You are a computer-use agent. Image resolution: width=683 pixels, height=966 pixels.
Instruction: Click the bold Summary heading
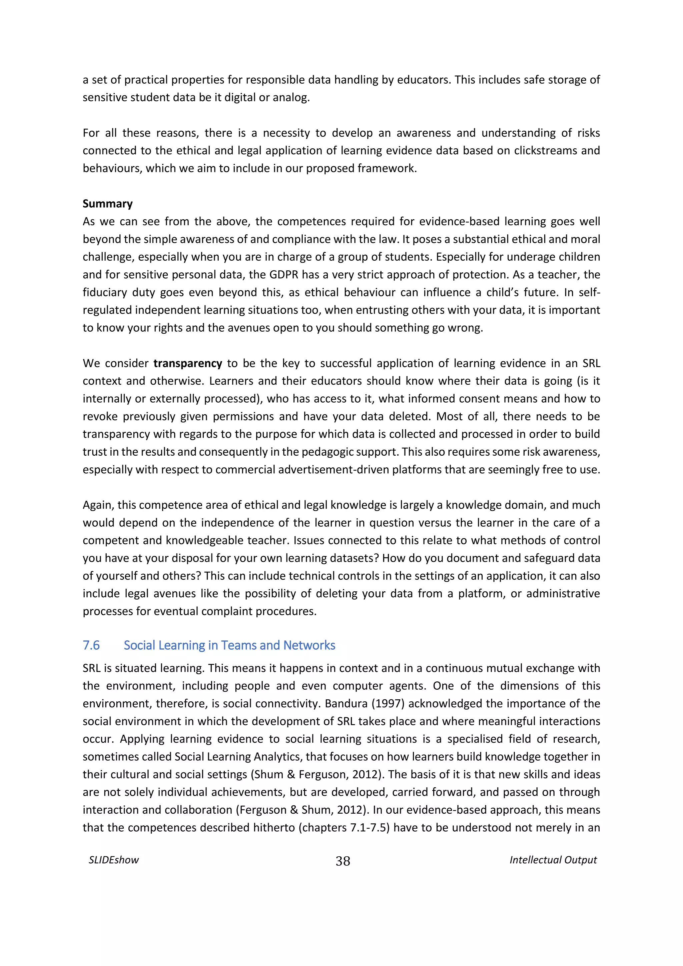pyautogui.click(x=107, y=204)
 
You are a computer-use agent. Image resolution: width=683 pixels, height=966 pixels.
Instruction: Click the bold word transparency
pyautogui.click(x=188, y=363)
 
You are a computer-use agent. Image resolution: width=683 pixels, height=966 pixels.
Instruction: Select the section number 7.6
pyautogui.click(x=91, y=645)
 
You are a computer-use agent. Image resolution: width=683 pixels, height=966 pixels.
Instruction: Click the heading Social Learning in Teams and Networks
pyautogui.click(x=229, y=645)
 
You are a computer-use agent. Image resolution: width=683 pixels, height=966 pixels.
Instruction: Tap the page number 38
pyautogui.click(x=343, y=861)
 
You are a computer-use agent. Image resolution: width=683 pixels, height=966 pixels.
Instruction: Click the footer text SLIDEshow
pyautogui.click(x=114, y=860)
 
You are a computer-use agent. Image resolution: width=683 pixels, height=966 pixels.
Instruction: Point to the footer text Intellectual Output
pyautogui.click(x=553, y=860)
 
